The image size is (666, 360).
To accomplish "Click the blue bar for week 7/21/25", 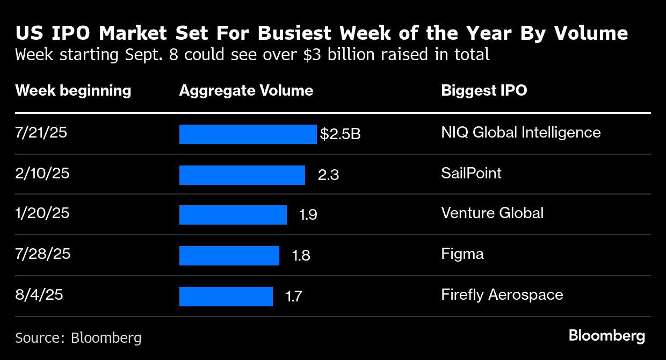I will coord(248,134).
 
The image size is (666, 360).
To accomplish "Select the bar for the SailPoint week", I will coord(242,175).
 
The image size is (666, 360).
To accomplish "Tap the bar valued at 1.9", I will coord(233,215).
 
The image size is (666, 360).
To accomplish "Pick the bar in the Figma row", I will coord(229,256).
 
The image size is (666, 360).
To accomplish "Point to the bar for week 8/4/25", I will coord(226,296).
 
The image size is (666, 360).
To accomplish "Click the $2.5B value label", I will coord(340,134).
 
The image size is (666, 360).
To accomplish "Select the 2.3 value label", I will coord(328,175).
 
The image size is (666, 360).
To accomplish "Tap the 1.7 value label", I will coord(293,296).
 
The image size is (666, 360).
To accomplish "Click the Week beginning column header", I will coord(73,90).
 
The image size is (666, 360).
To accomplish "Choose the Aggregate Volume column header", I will coord(246,90).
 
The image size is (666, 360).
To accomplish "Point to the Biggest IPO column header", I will coord(484,90).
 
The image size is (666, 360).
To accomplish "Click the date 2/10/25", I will coord(42,173).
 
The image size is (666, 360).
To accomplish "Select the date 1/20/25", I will coord(42,213).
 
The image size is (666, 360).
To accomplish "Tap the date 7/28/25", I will coord(43,254).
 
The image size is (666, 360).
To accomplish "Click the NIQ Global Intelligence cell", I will coord(520,132).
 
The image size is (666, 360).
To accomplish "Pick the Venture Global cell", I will coord(492,213).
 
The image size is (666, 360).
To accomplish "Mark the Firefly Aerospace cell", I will coord(502,294).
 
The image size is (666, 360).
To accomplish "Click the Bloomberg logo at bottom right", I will coord(606,336).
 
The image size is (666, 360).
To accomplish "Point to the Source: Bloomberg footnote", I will coord(78,337).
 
